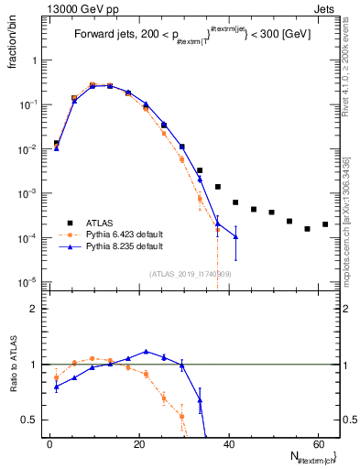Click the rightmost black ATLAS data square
click(325, 224)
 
